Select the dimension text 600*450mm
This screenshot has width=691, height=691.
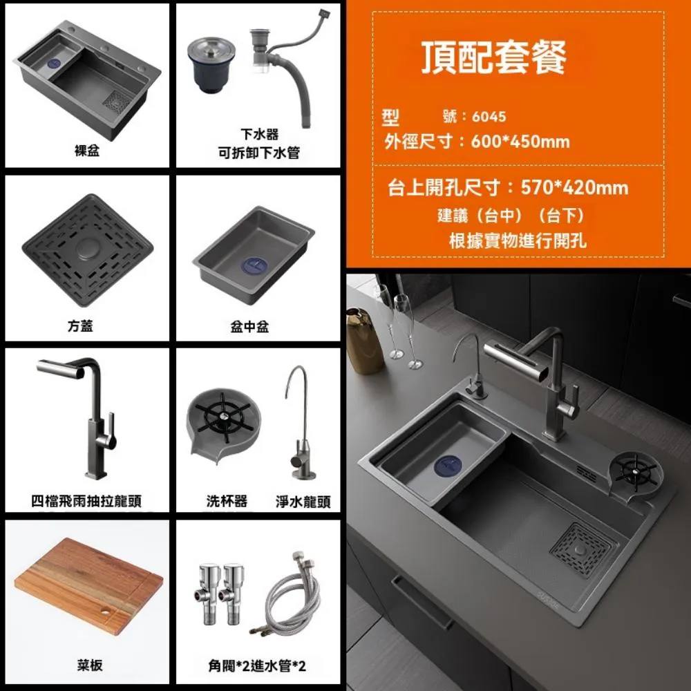coord(520,142)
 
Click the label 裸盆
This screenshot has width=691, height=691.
coord(87,151)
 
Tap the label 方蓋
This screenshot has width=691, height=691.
coord(87,326)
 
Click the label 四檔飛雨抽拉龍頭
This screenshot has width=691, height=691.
coord(87,501)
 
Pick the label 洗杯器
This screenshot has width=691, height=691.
coord(227,501)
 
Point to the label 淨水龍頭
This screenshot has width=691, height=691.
coord(303,502)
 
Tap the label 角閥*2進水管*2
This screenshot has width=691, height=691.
coord(257,666)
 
